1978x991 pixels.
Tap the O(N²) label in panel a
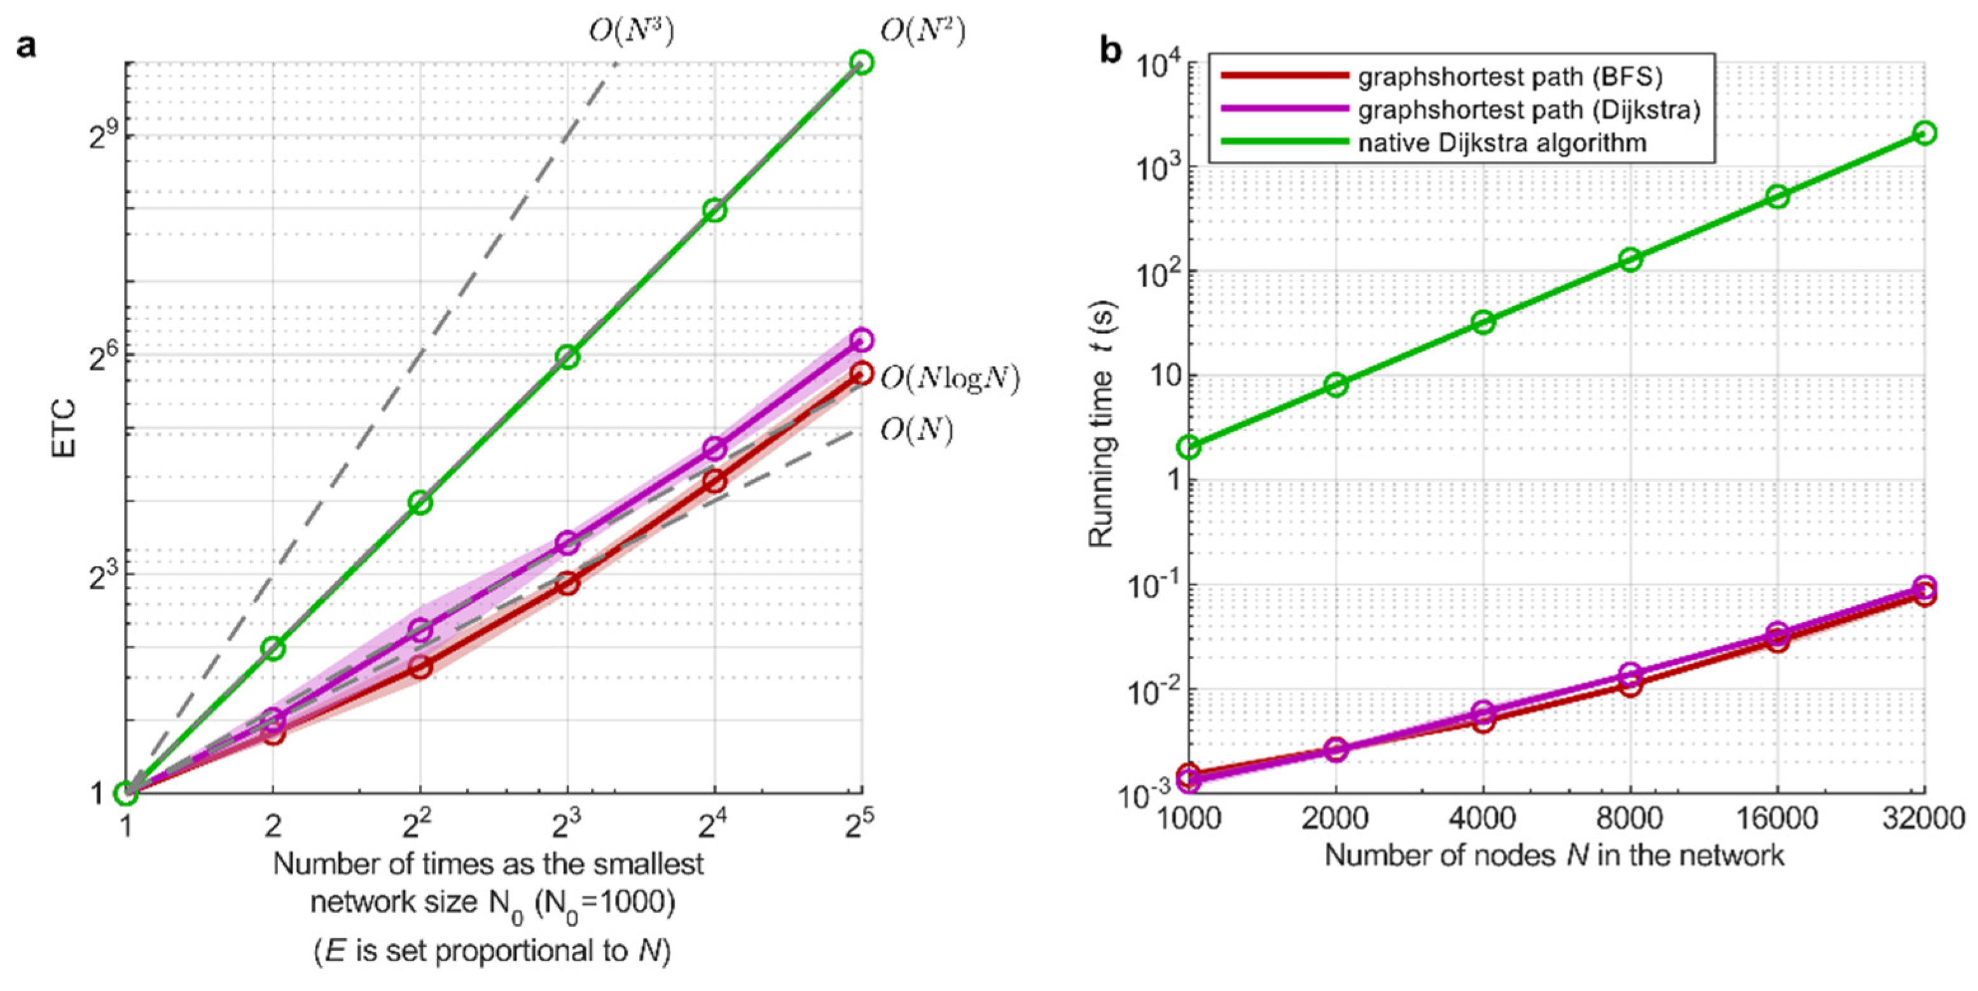pos(922,31)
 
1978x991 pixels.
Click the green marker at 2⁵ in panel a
pos(862,62)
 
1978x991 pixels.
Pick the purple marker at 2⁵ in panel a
pos(862,339)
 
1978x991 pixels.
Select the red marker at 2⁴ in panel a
pos(715,482)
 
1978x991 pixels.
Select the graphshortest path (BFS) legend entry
pos(1509,77)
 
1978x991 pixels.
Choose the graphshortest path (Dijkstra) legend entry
pos(1528,110)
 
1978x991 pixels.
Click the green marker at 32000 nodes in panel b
pos(1923,133)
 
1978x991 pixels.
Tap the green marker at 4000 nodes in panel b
pos(1483,322)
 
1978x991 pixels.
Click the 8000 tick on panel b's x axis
pos(1629,817)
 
